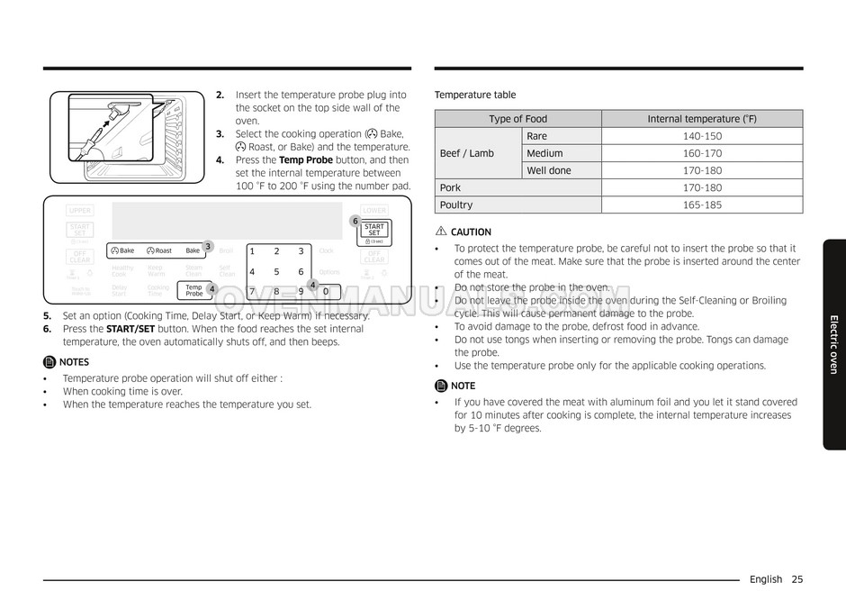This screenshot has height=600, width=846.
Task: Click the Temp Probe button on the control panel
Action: click(193, 290)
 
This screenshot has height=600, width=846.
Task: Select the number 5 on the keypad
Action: click(276, 271)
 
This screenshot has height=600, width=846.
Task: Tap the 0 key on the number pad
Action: click(326, 291)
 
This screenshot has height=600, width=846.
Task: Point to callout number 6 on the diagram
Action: click(355, 221)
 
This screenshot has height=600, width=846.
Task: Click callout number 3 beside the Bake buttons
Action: click(207, 246)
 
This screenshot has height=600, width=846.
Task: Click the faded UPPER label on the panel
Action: click(79, 210)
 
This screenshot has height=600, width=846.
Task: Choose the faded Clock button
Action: click(326, 251)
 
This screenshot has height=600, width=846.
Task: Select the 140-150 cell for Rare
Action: click(702, 136)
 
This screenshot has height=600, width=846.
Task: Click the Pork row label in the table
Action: click(450, 187)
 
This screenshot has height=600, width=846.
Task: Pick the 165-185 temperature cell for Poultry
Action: click(702, 205)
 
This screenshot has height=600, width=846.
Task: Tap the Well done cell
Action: click(549, 170)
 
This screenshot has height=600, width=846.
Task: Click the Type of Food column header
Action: click(517, 119)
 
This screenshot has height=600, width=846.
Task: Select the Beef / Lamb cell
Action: click(467, 153)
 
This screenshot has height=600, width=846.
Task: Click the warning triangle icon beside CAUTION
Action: click(440, 232)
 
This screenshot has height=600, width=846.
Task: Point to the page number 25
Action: click(797, 579)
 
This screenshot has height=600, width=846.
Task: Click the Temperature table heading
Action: click(475, 95)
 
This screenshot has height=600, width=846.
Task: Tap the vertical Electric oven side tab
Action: click(833, 344)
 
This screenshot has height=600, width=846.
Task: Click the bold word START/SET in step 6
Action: click(132, 329)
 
